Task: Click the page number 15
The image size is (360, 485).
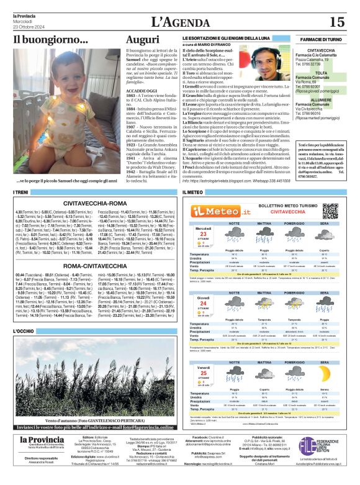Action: (x=338, y=22)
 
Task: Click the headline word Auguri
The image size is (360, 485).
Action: (x=142, y=40)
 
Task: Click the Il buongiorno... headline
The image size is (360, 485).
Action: (x=51, y=40)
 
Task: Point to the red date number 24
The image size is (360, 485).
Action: (x=202, y=305)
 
